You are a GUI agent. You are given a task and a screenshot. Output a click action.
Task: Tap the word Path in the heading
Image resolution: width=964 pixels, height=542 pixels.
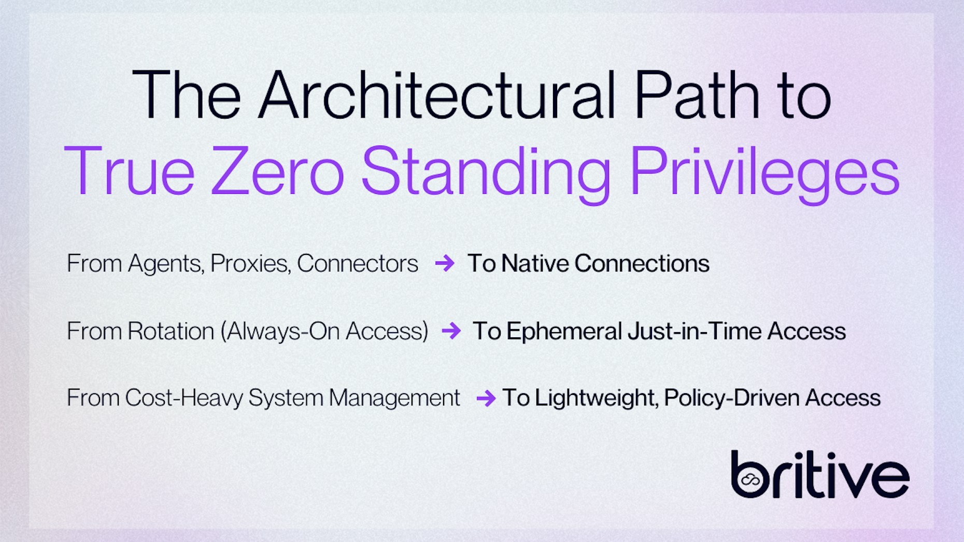tap(697, 95)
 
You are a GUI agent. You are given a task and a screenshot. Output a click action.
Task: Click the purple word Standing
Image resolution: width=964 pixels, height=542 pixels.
tap(486, 172)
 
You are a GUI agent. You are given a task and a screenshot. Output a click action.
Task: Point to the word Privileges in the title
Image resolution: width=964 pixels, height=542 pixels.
tap(764, 172)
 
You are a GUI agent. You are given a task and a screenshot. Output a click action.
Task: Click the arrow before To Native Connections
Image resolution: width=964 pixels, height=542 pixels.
tap(445, 263)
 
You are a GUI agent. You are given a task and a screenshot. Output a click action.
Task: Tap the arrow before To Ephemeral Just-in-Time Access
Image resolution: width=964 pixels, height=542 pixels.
tap(451, 331)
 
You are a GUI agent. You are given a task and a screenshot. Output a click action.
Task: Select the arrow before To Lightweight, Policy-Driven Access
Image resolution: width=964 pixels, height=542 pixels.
tap(486, 398)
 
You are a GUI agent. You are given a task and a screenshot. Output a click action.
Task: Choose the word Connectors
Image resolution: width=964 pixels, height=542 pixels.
tap(357, 263)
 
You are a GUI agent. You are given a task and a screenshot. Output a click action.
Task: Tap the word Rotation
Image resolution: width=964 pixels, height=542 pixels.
tap(171, 331)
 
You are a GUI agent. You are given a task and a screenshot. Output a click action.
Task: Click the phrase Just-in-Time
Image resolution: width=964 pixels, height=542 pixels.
tap(694, 331)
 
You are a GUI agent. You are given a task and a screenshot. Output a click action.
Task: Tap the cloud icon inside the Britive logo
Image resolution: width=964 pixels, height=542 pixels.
tap(750, 480)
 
